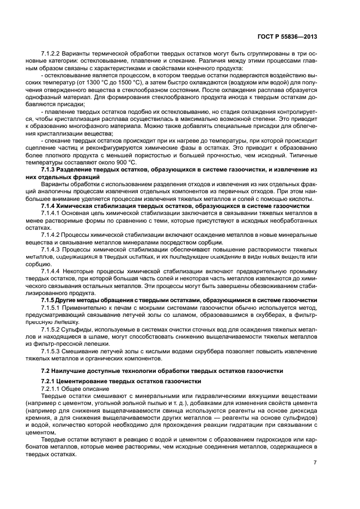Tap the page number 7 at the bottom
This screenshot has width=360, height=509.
315,463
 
